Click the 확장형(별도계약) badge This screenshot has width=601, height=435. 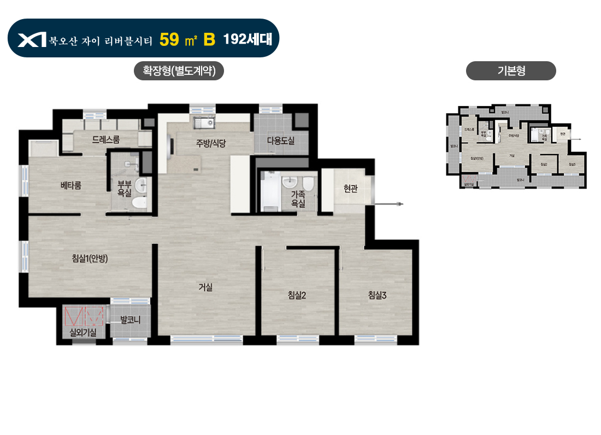click(x=179, y=71)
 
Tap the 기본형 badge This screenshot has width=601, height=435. click(x=511, y=71)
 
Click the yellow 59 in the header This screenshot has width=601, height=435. click(x=170, y=39)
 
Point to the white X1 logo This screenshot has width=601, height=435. click(x=32, y=39)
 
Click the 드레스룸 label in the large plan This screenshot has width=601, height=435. click(x=106, y=140)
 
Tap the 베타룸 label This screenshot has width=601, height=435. click(x=70, y=185)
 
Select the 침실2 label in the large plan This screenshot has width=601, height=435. click(x=297, y=296)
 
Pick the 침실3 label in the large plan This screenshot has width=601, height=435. click(x=377, y=296)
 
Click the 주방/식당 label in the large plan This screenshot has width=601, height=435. click(x=211, y=144)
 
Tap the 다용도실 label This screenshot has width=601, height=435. click(x=280, y=141)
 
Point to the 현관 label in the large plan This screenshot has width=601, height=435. click(x=350, y=189)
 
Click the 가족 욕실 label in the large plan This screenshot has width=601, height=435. click(x=298, y=198)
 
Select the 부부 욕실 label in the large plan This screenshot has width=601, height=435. click(x=124, y=188)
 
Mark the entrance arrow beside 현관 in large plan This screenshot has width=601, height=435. click(x=389, y=204)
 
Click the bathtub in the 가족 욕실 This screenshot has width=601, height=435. click(x=270, y=191)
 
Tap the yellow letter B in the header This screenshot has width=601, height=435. click(x=209, y=39)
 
